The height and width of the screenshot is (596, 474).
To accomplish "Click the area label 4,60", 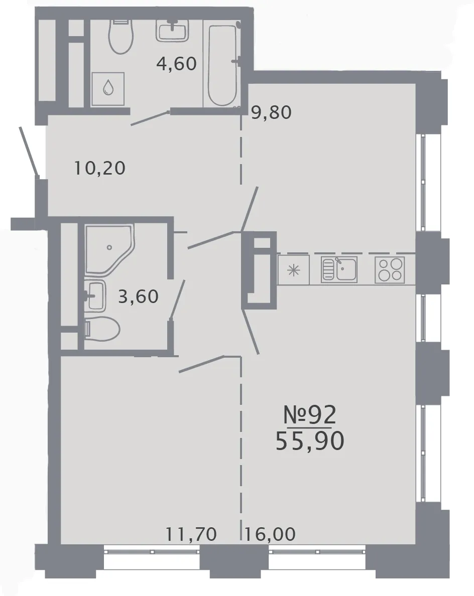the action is pos(177,64).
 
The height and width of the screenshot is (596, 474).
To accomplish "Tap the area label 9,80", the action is pos(272,112).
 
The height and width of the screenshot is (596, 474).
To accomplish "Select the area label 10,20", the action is pos(99,168).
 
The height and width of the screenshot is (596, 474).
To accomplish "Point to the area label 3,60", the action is pos(139,296).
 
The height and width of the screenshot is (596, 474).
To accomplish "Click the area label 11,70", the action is pos(191,534).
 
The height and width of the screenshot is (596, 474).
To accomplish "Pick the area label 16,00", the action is pos(270,534).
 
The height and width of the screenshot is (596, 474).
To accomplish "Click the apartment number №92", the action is pos(310,414).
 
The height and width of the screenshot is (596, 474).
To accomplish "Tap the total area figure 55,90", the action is pos(310,441).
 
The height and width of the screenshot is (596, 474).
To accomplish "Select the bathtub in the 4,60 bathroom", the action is pos(222,64).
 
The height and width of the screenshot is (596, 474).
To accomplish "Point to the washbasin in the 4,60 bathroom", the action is pos(172,30).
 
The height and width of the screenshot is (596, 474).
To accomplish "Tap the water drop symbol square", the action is pos(108,89).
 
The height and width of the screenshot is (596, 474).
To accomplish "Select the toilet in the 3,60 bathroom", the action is pos(102,329).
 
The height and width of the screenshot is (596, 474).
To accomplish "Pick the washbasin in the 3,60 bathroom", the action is pos(95,295).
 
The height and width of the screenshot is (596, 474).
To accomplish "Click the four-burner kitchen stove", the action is pos(390,269).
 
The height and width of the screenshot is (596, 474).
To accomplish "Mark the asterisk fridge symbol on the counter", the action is pos(293,270).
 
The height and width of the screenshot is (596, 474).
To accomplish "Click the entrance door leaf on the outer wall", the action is pos(29,152).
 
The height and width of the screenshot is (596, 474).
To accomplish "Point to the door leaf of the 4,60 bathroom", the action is pos(150,118).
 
